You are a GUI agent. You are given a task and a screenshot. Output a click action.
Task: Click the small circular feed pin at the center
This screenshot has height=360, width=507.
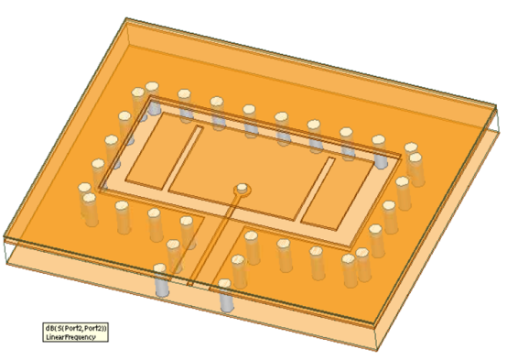click(242, 190)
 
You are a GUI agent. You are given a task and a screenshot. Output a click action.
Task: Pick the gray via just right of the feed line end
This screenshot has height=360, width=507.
click(225, 299)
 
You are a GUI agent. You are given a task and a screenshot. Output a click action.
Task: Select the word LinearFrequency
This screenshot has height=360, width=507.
click(70, 336)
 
